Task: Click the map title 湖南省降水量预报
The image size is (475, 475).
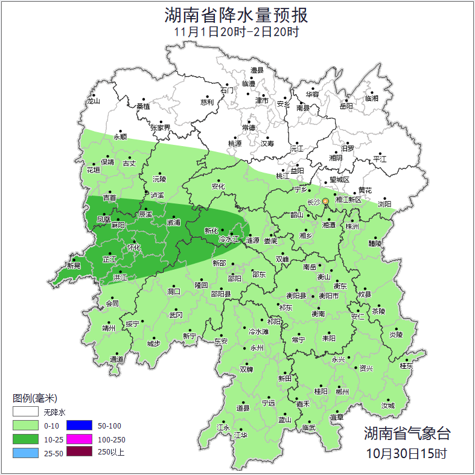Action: (x=237, y=15)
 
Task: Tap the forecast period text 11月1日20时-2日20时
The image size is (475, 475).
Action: (x=237, y=32)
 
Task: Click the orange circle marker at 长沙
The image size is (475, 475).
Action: (x=326, y=201)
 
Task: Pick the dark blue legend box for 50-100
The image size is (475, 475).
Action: (x=78, y=426)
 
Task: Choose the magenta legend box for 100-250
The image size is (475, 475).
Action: (x=78, y=439)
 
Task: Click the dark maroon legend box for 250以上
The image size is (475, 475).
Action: (x=78, y=452)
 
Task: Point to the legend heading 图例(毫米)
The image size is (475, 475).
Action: (x=34, y=398)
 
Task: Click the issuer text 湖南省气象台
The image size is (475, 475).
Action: (x=406, y=433)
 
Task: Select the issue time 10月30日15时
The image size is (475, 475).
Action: (x=406, y=453)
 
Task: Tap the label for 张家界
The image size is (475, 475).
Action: (x=161, y=128)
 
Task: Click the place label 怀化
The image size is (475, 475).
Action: (x=133, y=247)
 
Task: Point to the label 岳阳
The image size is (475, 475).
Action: (x=346, y=107)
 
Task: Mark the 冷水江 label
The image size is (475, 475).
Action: (x=229, y=240)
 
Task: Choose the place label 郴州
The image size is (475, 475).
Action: (x=342, y=391)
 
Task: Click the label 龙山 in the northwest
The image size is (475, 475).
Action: (x=93, y=101)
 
